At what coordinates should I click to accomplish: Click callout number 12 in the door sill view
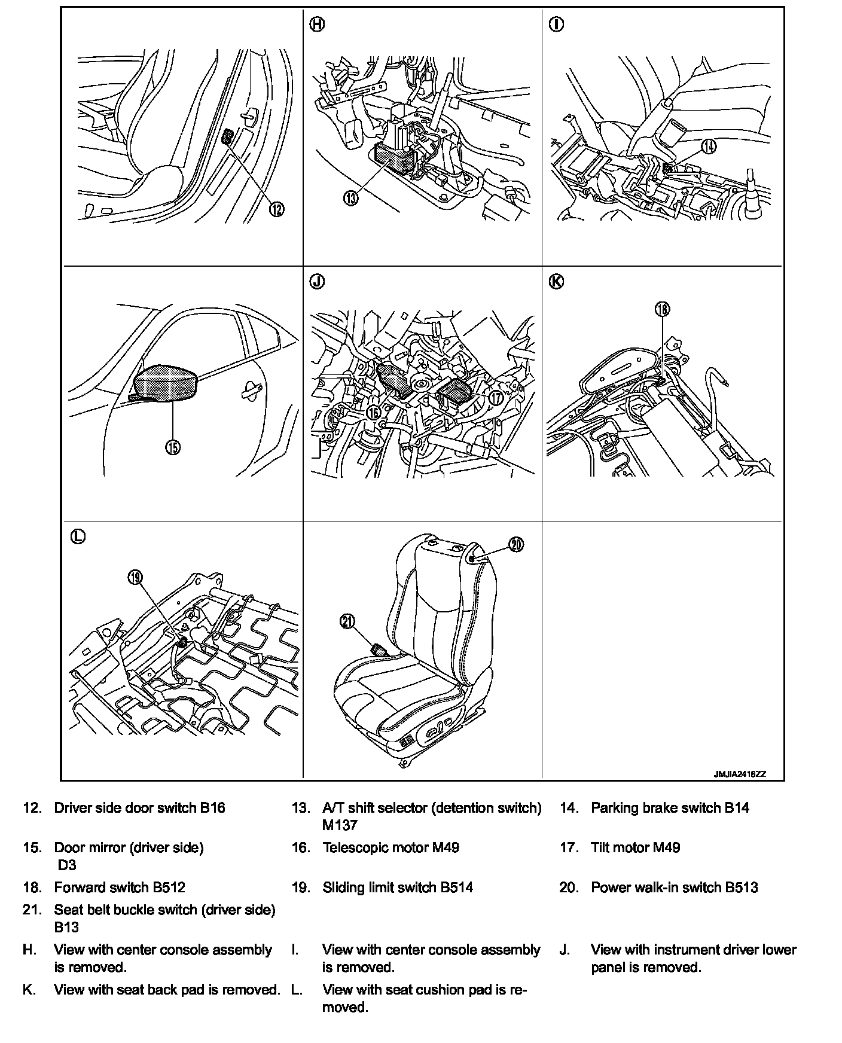coord(276,209)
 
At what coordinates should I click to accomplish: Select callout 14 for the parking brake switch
coord(709,145)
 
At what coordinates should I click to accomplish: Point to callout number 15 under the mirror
coord(173,447)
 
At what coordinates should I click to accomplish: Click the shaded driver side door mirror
coord(165,382)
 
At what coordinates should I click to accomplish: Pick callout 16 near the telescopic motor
coord(374,412)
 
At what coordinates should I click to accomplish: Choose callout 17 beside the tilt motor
coord(495,397)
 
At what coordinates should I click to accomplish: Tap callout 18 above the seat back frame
coord(662,309)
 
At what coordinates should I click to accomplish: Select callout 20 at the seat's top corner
coord(516,544)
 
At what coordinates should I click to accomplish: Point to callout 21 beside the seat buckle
coord(347,622)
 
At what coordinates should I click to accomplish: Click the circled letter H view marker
coord(317,25)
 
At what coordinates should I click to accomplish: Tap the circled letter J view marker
coord(317,281)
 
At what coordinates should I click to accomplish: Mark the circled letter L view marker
coord(78,536)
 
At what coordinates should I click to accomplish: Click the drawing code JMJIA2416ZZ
coord(739,774)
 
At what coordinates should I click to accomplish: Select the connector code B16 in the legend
coord(212,808)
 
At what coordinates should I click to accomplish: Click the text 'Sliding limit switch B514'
coord(398,888)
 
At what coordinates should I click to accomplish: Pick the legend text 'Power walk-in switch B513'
coord(674,888)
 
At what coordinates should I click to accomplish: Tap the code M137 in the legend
coord(340,825)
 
